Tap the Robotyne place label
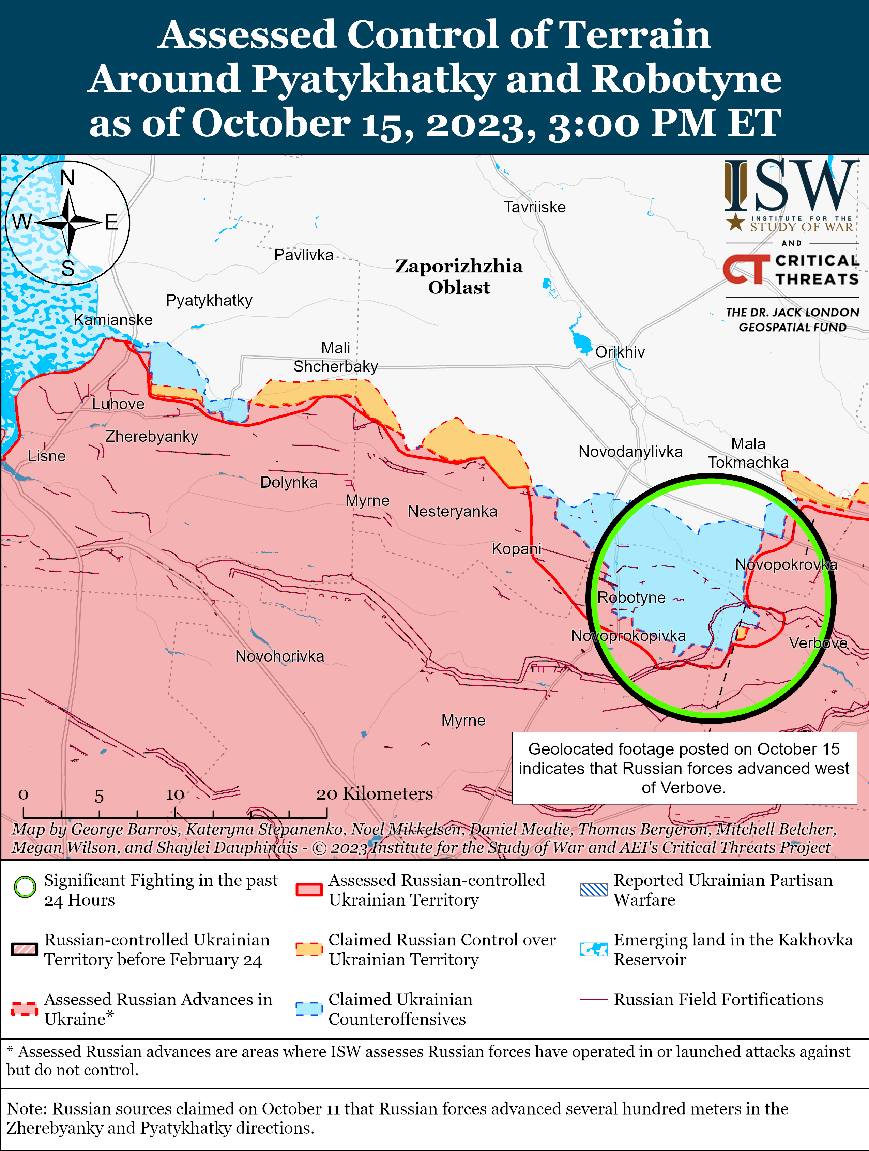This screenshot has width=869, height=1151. (631, 597)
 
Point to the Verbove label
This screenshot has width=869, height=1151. (818, 643)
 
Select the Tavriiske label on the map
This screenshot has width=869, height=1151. (534, 207)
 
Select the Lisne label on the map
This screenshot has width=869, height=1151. (47, 456)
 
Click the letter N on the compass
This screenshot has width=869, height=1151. (68, 178)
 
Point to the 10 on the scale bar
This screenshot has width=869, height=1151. (175, 794)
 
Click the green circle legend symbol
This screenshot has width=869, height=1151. (25, 887)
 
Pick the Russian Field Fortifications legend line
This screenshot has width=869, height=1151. (593, 1000)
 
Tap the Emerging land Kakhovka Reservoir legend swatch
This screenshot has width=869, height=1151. (593, 950)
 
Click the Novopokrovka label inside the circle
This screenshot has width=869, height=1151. (786, 564)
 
